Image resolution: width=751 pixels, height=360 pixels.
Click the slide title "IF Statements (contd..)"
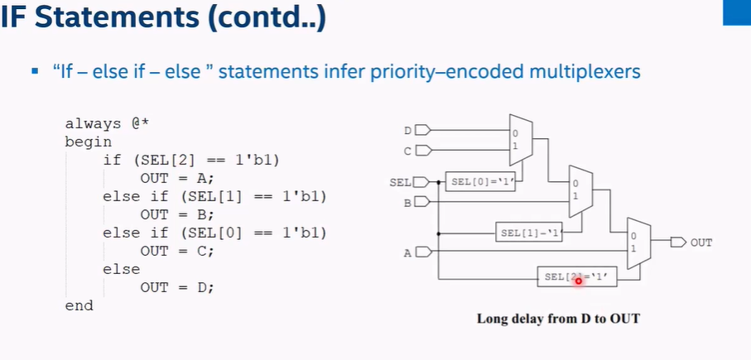tap(162, 19)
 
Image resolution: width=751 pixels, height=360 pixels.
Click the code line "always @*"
tap(107, 123)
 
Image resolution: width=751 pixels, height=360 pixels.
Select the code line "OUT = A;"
tap(176, 178)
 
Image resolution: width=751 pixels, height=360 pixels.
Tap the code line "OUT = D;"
tap(176, 287)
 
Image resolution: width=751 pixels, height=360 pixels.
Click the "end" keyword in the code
tap(79, 305)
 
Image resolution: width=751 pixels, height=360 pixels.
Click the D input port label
tap(407, 130)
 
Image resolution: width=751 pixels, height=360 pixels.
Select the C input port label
tap(407, 151)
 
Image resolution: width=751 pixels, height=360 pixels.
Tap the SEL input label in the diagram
tap(401, 181)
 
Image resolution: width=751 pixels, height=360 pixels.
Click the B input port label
tap(407, 202)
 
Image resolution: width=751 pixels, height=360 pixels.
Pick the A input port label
tap(407, 253)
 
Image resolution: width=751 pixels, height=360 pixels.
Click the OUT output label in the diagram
tap(701, 242)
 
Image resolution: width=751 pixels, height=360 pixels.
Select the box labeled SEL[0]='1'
tap(480, 181)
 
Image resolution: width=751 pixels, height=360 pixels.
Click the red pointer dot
tap(578, 281)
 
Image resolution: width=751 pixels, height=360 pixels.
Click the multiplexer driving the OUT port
tap(638, 243)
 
